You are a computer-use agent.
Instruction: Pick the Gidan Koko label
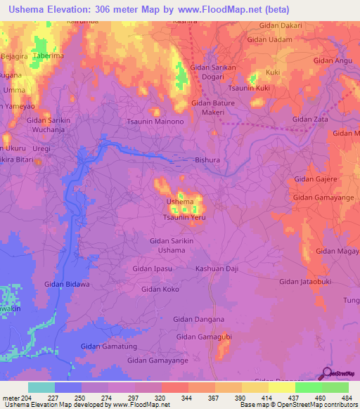pyautogui.click(x=160, y=289)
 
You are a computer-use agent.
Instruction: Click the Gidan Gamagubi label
pyautogui.click(x=204, y=337)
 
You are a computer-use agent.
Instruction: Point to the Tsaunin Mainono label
pyautogui.click(x=155, y=122)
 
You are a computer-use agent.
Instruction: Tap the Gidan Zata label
pyautogui.click(x=311, y=119)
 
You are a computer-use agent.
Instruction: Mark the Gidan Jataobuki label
pyautogui.click(x=305, y=282)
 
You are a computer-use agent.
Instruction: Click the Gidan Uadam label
pyautogui.click(x=269, y=40)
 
